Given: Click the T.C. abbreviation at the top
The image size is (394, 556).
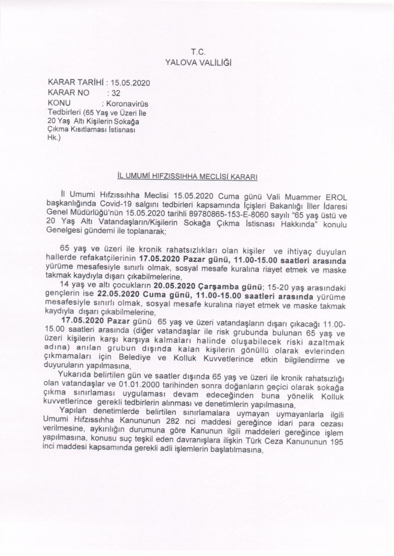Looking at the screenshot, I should pos(197,49).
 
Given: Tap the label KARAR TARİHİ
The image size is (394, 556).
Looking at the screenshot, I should pos(75,82).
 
